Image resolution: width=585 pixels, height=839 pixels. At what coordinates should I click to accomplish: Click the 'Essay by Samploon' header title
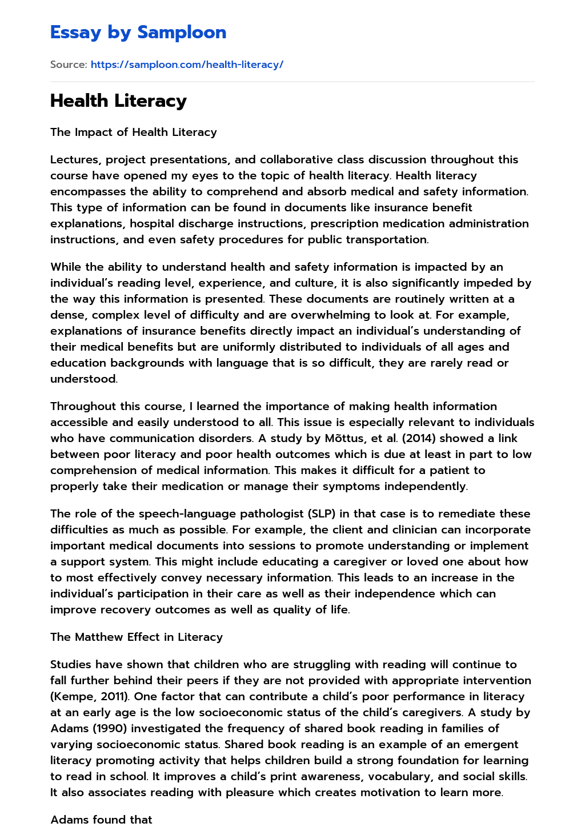pos(138,32)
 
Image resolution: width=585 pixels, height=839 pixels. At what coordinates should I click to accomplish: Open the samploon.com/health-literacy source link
pos(187,65)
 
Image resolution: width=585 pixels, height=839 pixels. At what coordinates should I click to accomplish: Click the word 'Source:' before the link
pos(69,65)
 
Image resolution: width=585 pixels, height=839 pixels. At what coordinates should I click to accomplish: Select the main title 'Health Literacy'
pos(118,101)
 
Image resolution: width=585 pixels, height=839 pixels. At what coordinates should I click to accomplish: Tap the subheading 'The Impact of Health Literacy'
pos(134,132)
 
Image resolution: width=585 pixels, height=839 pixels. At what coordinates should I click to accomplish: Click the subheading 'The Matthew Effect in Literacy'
pos(137,637)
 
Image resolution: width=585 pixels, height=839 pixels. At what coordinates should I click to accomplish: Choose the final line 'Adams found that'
pos(101,820)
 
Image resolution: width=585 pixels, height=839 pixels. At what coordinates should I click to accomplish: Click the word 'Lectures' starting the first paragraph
pos(74,159)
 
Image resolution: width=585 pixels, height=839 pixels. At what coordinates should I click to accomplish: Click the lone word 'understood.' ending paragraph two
pos(84,379)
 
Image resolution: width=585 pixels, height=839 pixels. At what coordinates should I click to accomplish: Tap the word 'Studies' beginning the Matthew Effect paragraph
pos(71,664)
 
